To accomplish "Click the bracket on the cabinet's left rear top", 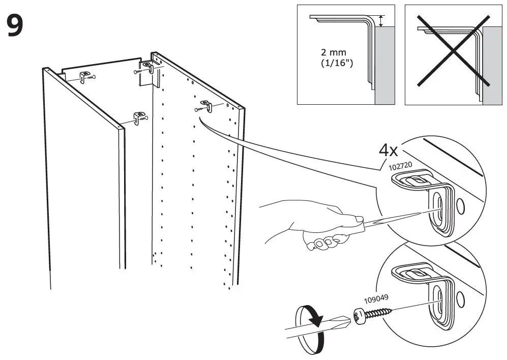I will coord(86,77).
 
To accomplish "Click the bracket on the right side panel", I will coord(205,106).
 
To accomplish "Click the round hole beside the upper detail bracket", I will coord(461,205).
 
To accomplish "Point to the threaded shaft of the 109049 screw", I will coord(379,311).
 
